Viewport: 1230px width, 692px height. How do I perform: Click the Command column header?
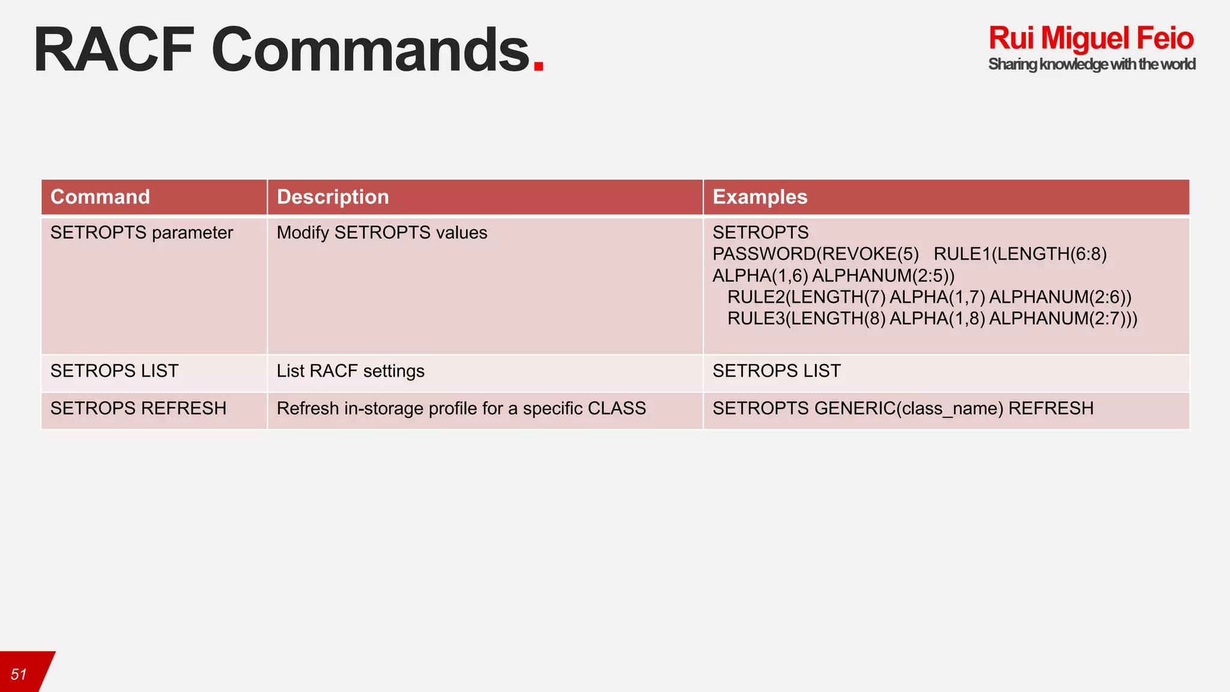(100, 197)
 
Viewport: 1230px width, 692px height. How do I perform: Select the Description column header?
(333, 197)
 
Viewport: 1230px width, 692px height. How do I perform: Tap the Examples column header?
(760, 197)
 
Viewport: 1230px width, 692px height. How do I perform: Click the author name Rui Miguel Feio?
(1091, 38)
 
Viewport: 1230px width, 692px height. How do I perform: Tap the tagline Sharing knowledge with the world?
(1091, 64)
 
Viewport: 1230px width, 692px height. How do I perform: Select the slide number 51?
(19, 675)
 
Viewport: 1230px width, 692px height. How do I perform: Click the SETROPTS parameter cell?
(142, 232)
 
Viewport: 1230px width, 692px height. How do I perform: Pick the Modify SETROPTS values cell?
(382, 232)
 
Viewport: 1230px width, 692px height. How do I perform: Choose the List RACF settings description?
(350, 371)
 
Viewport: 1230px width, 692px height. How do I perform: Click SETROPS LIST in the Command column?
(115, 371)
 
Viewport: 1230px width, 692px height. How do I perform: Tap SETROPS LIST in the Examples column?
(777, 371)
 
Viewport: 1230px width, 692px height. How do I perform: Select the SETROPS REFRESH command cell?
(139, 408)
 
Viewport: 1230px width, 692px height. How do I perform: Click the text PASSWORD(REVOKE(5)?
(816, 254)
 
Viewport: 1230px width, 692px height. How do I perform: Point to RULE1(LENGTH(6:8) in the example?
(1020, 254)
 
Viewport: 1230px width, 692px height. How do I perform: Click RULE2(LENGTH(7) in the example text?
(806, 297)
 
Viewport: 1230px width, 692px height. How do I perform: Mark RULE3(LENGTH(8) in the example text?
(806, 318)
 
